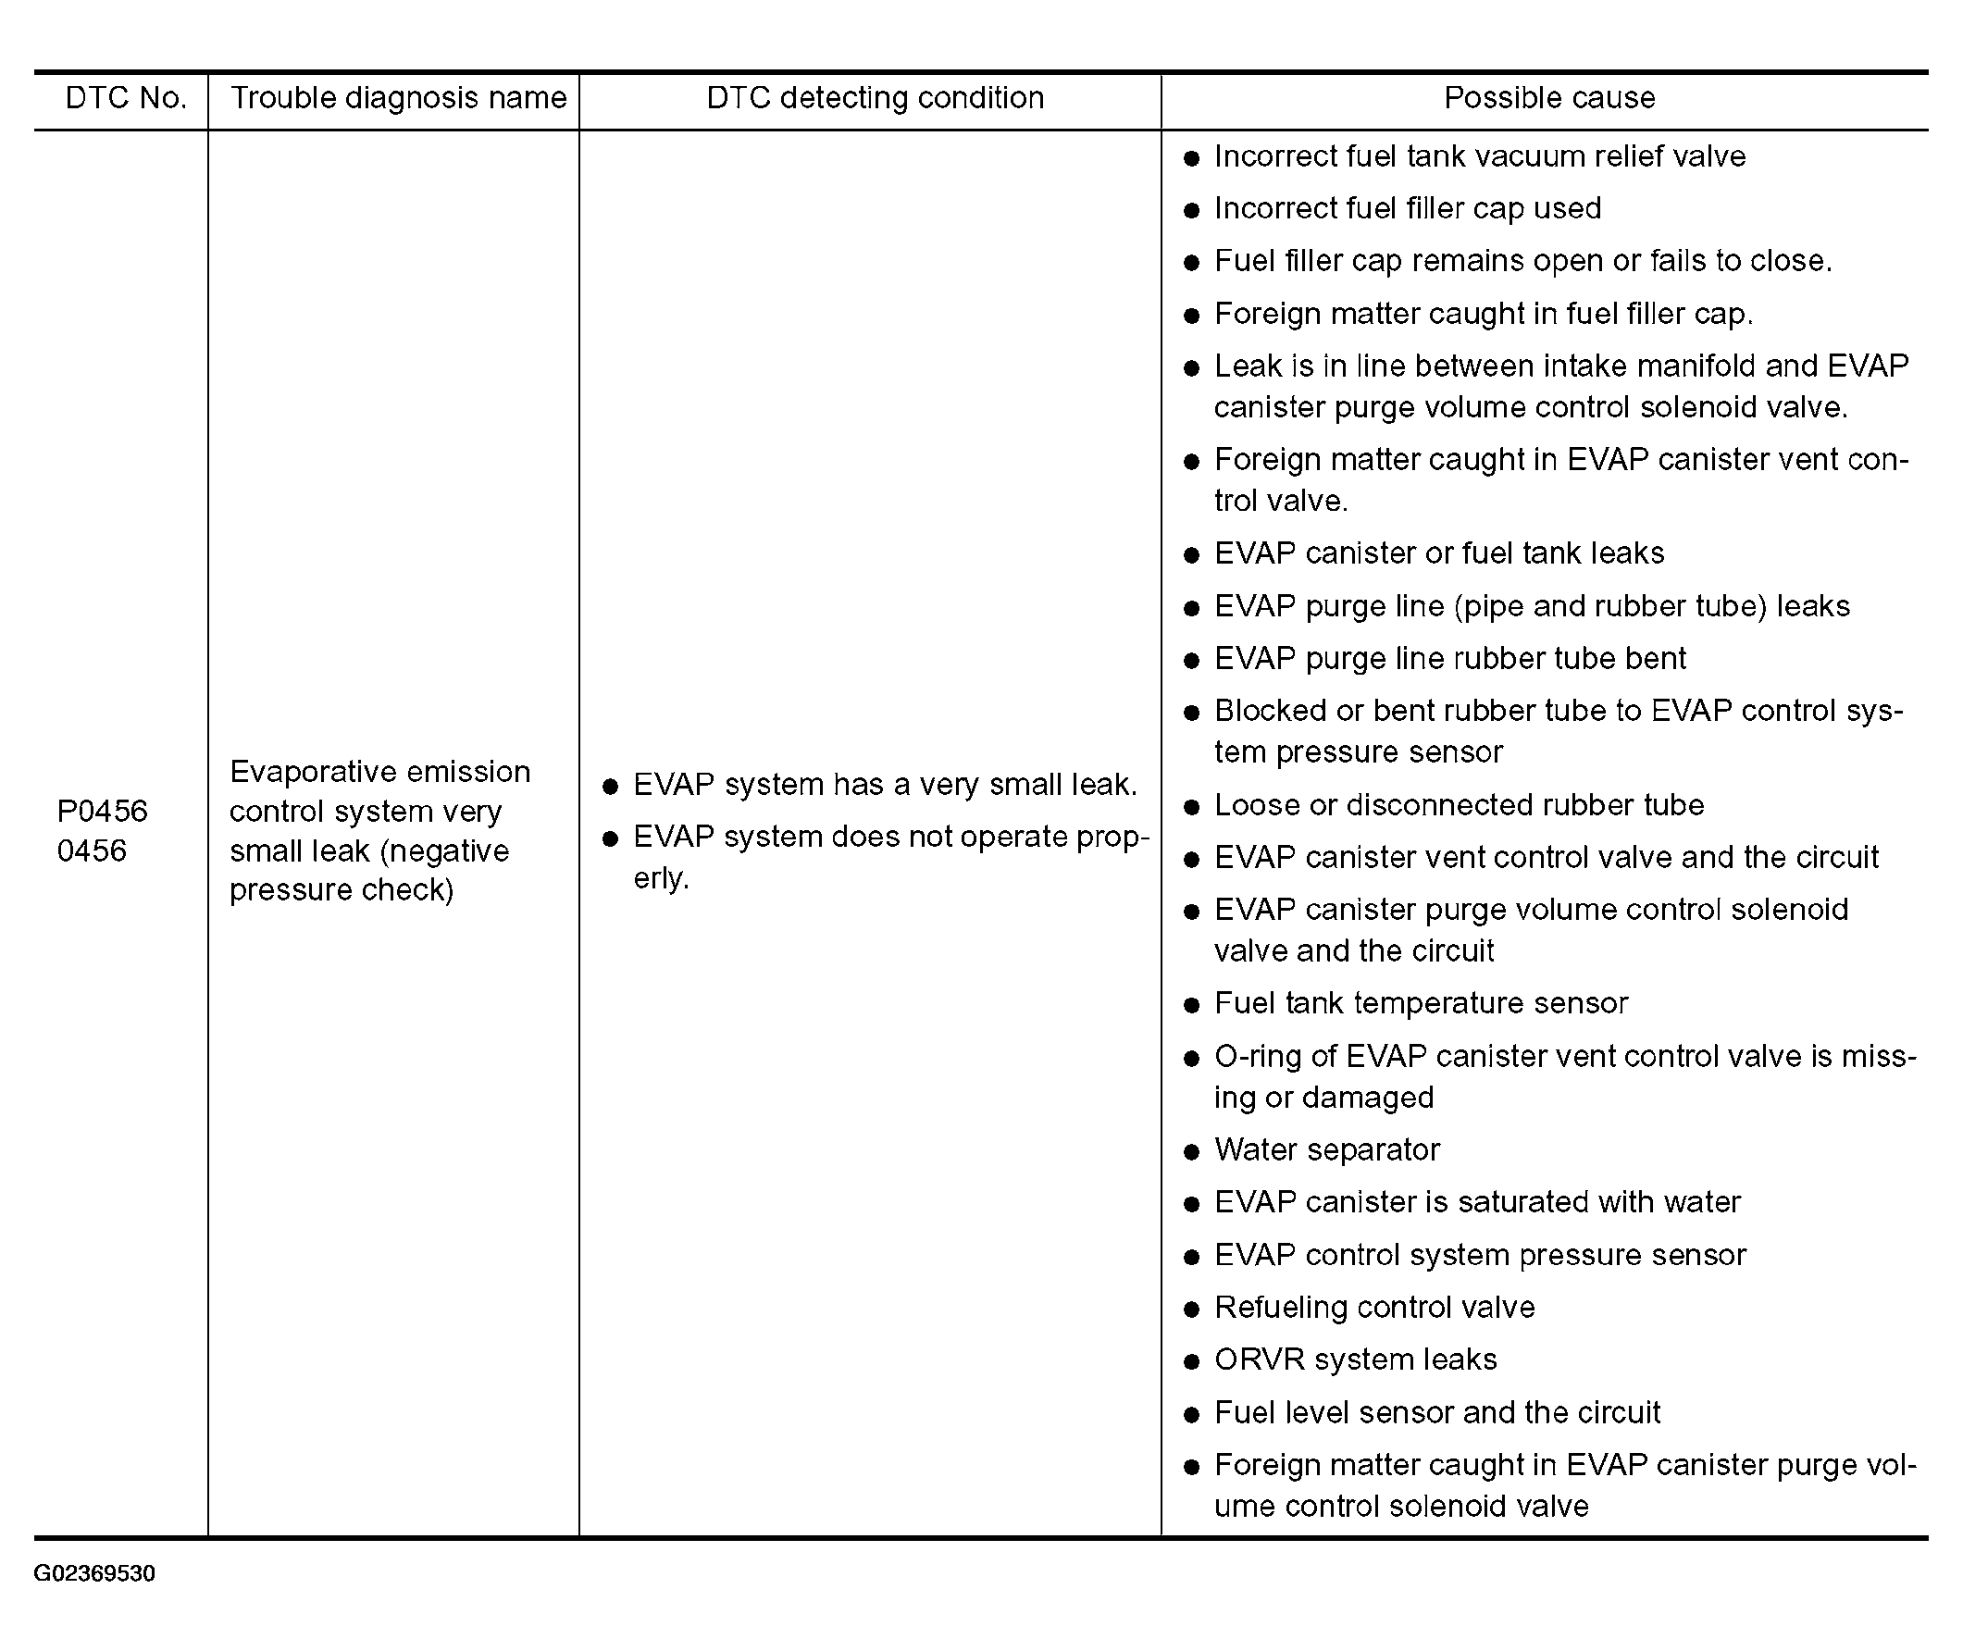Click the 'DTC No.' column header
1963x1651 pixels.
click(x=126, y=98)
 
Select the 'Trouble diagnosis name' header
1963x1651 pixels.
click(x=398, y=98)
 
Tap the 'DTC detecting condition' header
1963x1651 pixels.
click(x=875, y=98)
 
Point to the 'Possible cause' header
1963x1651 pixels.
click(x=1548, y=98)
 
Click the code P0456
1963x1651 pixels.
click(x=102, y=811)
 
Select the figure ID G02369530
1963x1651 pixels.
click(x=94, y=1573)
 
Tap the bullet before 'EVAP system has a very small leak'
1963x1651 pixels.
click(x=610, y=787)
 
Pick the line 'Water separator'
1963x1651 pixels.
click(x=1325, y=1149)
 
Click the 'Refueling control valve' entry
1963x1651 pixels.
click(x=1373, y=1307)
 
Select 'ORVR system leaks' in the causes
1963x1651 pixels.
click(x=1355, y=1359)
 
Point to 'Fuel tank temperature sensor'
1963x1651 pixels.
click(x=1420, y=1003)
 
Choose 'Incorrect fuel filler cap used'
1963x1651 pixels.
click(x=1407, y=208)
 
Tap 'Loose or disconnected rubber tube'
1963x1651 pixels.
click(x=1459, y=805)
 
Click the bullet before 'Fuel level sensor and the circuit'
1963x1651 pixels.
click(x=1191, y=1414)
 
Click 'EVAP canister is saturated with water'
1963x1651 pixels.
click(x=1476, y=1202)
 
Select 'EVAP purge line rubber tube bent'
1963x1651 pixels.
click(x=1449, y=658)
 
